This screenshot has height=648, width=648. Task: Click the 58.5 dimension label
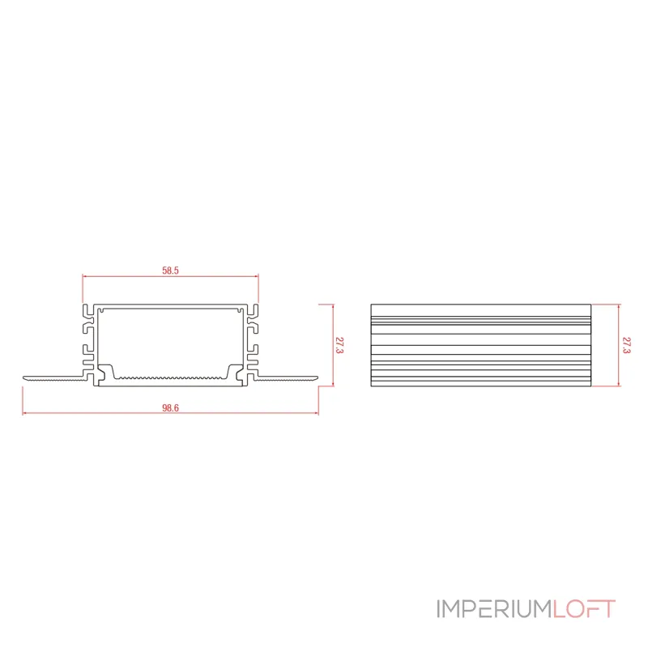click(x=170, y=271)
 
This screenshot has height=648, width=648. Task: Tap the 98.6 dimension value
click(x=170, y=408)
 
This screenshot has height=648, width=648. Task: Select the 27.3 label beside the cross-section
click(x=339, y=345)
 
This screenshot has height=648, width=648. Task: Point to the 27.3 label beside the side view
click(x=626, y=345)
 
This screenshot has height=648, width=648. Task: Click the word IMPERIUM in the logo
click(x=495, y=609)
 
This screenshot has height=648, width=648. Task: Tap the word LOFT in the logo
click(x=584, y=609)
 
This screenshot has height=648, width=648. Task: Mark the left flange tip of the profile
click(x=23, y=377)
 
